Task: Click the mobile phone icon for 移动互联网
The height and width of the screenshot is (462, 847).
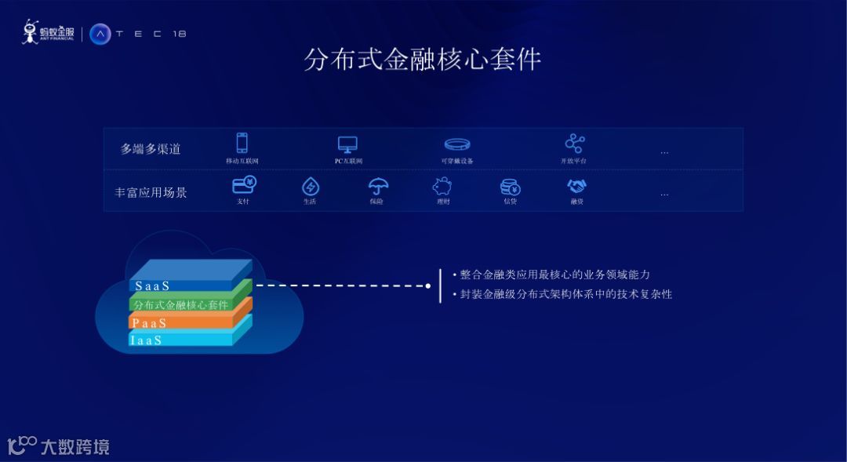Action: pyautogui.click(x=242, y=143)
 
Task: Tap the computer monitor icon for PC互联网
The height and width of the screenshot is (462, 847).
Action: pyautogui.click(x=347, y=144)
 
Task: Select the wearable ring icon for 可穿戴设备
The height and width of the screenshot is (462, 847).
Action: pyautogui.click(x=457, y=144)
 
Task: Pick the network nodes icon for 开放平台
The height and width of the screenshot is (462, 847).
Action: pyautogui.click(x=575, y=144)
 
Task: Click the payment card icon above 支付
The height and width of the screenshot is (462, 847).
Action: pyautogui.click(x=244, y=185)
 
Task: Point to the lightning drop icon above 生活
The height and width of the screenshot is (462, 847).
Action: pyautogui.click(x=311, y=187)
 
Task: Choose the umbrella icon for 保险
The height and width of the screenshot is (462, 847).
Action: pyautogui.click(x=378, y=187)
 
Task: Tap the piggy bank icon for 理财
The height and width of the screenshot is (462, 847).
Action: pyautogui.click(x=442, y=187)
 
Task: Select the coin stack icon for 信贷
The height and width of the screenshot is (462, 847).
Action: pyautogui.click(x=511, y=187)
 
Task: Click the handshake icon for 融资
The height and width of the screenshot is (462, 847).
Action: pyautogui.click(x=577, y=187)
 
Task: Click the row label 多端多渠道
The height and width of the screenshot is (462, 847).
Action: pyautogui.click(x=151, y=149)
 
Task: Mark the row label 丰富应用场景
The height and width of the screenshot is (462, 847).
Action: pyautogui.click(x=151, y=192)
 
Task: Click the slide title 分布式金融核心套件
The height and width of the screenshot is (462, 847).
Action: pyautogui.click(x=423, y=60)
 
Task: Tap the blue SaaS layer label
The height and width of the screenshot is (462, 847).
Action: pyautogui.click(x=152, y=286)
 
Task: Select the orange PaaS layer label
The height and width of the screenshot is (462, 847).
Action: pyautogui.click(x=150, y=322)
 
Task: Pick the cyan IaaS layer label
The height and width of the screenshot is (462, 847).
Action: pyautogui.click(x=147, y=340)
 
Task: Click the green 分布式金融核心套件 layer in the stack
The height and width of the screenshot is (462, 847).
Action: pyautogui.click(x=181, y=304)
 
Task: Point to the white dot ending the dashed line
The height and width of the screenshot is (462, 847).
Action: pyautogui.click(x=428, y=286)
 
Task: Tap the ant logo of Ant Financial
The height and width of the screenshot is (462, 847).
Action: pyautogui.click(x=31, y=32)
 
